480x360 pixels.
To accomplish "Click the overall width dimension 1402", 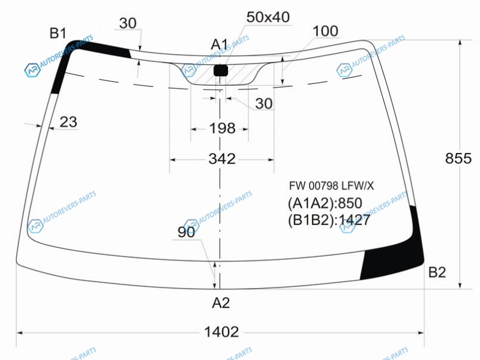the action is tap(221, 332).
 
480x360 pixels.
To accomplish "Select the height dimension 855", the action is tap(458, 158).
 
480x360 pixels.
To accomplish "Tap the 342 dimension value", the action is tap(222, 159).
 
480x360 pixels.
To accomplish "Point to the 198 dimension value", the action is tap(222, 128).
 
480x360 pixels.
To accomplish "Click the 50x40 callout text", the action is tap(268, 17).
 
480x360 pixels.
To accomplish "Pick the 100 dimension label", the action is tap(325, 31).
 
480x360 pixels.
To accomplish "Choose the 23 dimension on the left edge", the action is tap(68, 122).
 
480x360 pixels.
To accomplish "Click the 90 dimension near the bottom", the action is tap(186, 232).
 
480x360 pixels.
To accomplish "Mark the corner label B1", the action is tap(58, 33).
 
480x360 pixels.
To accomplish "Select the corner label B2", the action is tap(437, 272).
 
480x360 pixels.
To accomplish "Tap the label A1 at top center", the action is tap(220, 44).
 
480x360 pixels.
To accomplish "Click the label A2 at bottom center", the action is tap(221, 303).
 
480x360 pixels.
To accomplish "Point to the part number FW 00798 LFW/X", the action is tap(332, 186).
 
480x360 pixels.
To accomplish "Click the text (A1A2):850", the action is tap(325, 203).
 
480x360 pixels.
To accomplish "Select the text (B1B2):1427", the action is tap(329, 220).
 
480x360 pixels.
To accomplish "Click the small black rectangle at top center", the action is tap(221, 70).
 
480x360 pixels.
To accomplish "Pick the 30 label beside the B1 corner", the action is tap(128, 23).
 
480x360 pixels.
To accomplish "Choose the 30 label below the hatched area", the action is tap(264, 104).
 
